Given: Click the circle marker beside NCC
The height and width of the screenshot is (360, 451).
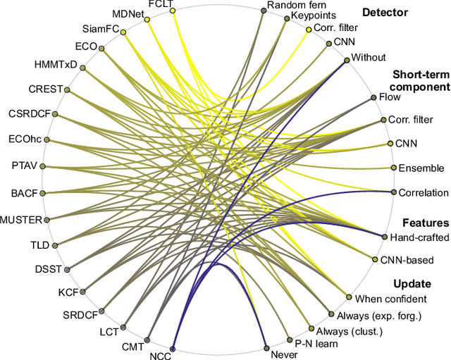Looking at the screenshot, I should click(x=172, y=348).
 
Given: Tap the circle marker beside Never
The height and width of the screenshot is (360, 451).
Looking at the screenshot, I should click(x=265, y=347).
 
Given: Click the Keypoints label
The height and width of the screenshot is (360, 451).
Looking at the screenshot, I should click(x=314, y=14).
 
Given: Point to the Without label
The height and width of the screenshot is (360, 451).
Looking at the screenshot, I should click(x=368, y=58).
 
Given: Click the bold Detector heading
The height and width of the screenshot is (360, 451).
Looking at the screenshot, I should click(x=384, y=11).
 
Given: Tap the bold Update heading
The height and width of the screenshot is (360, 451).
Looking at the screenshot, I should click(x=412, y=284).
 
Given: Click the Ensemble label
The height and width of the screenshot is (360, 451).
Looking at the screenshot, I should click(x=421, y=168).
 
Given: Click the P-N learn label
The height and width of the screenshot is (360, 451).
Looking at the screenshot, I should click(x=316, y=345).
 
